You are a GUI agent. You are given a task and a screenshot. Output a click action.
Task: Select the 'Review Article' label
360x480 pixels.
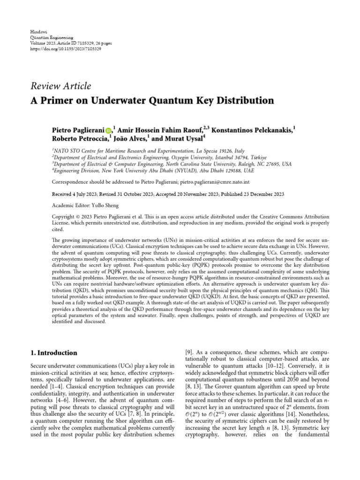pyautogui.click(x=60, y=85)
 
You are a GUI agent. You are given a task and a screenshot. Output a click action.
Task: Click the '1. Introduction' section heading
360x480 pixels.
pyautogui.click(x=54, y=352)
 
